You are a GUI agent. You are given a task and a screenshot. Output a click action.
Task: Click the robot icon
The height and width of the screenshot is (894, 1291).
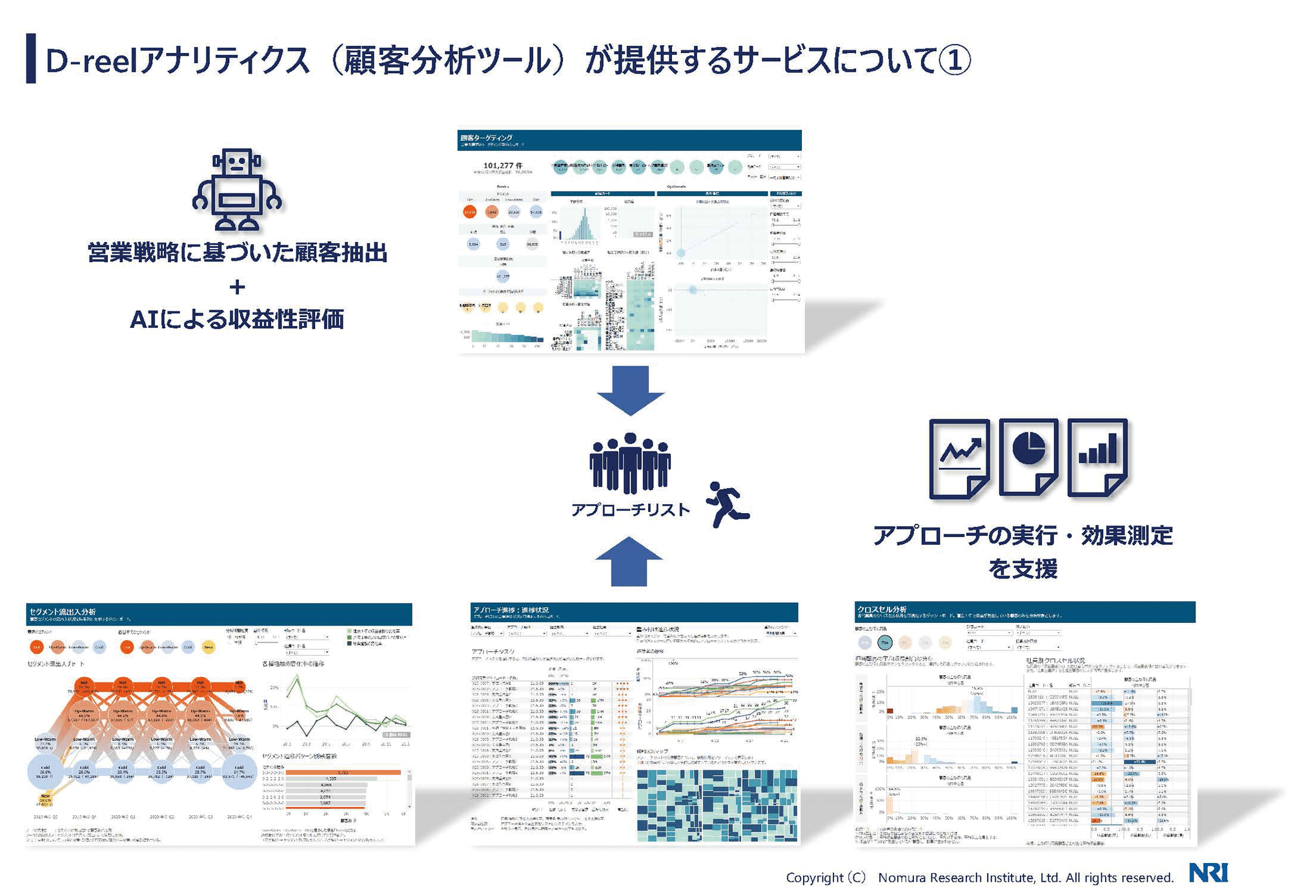click(x=237, y=190)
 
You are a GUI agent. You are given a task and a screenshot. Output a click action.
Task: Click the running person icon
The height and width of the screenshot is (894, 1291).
click(x=727, y=504)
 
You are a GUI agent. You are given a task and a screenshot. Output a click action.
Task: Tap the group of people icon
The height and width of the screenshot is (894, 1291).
click(x=629, y=463)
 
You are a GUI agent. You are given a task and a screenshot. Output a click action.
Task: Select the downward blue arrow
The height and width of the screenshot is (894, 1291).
click(x=630, y=390)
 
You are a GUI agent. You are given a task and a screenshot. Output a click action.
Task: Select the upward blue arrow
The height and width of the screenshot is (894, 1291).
click(x=629, y=561)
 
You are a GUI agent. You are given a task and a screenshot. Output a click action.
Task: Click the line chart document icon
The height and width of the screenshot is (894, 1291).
click(x=959, y=458)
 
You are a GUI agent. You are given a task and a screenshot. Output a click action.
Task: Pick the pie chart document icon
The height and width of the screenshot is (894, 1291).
click(x=1028, y=457)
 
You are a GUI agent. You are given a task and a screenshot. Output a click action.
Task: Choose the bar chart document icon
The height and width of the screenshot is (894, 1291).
click(x=1097, y=457)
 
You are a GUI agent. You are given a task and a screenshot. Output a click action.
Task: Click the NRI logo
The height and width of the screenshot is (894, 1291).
click(x=1208, y=873)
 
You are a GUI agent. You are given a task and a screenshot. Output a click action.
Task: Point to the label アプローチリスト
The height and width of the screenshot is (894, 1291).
click(x=630, y=510)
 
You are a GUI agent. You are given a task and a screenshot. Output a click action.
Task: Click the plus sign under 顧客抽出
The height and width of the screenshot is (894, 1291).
click(x=237, y=286)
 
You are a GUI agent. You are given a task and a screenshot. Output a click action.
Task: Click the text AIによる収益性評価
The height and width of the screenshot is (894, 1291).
click(x=237, y=319)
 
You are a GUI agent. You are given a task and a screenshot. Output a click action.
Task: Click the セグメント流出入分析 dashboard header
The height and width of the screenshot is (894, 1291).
click(x=63, y=611)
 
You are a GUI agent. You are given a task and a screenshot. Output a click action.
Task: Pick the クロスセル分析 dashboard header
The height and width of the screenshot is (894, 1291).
click(x=882, y=609)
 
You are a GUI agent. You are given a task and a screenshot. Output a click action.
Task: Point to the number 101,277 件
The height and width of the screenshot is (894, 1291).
click(x=502, y=166)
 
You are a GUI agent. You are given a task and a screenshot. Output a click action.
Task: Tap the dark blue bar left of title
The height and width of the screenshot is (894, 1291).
click(x=31, y=58)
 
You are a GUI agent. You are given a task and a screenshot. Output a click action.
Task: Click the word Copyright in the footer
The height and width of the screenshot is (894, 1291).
click(x=815, y=877)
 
